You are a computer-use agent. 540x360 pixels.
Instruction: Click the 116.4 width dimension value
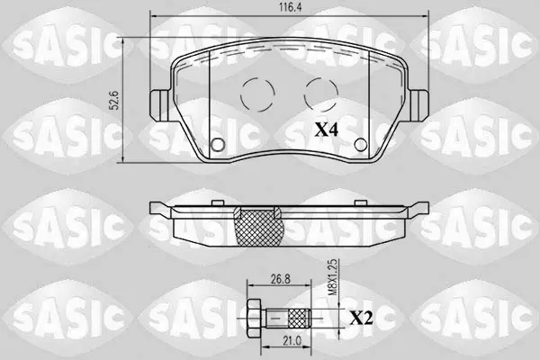(x=291, y=8)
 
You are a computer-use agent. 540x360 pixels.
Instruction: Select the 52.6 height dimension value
(x=115, y=100)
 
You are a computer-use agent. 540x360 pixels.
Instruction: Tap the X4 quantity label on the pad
(x=327, y=130)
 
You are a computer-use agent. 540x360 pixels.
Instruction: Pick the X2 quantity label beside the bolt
(x=361, y=319)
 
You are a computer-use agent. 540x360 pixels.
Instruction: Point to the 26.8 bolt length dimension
(x=280, y=279)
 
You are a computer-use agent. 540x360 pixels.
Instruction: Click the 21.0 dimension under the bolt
(x=292, y=341)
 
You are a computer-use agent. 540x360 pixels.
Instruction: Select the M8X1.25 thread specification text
(x=332, y=278)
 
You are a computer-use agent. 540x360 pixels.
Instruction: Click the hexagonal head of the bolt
(x=254, y=318)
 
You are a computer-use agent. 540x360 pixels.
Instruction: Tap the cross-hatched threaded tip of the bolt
(x=299, y=319)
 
